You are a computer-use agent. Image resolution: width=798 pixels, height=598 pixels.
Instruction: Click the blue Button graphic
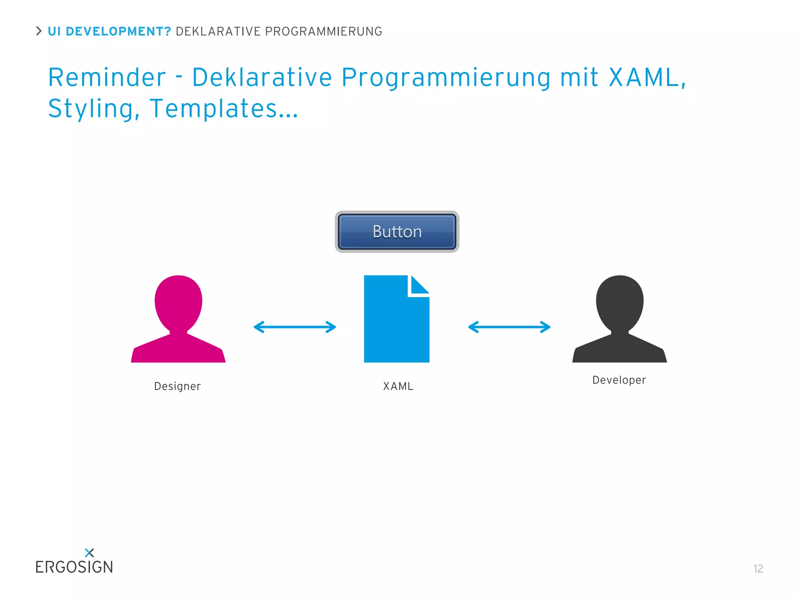[397, 232]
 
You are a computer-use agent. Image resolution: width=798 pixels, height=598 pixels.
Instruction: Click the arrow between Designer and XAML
[295, 327]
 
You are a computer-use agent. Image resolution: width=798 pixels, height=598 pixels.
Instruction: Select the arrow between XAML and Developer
[509, 327]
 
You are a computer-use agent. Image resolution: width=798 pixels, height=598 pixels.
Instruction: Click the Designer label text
[177, 386]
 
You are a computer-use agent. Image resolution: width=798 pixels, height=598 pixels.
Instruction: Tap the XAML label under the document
[398, 386]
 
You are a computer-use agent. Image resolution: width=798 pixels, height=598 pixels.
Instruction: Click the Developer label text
[619, 380]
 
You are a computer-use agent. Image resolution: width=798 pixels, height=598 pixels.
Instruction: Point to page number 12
[758, 569]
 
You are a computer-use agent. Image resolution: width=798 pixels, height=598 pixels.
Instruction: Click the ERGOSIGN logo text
[74, 567]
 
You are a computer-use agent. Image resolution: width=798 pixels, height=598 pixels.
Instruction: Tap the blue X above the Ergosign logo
[89, 552]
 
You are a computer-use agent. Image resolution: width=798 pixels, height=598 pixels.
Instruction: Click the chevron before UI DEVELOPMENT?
[39, 31]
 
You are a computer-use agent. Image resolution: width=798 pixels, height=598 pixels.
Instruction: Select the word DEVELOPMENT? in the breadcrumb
[118, 32]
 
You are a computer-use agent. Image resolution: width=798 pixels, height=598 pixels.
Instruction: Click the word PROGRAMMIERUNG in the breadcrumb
[323, 32]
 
